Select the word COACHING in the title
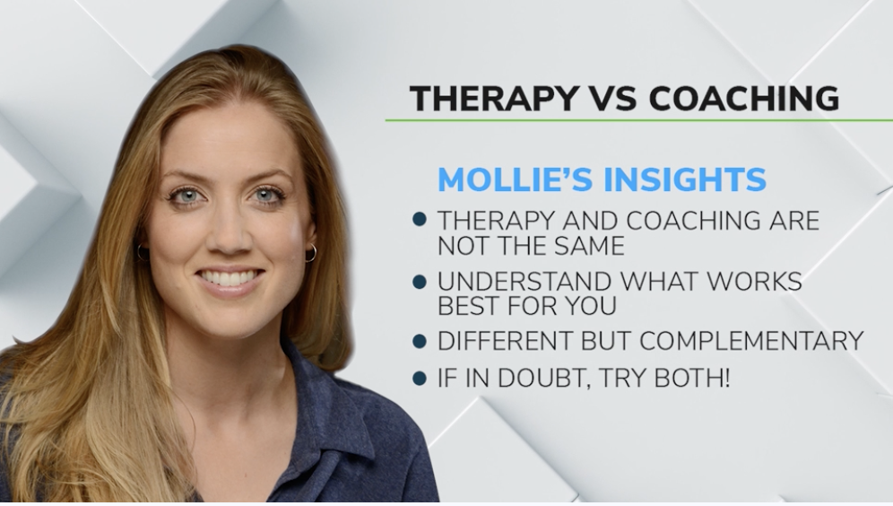(x=744, y=99)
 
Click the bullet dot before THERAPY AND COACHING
(x=419, y=220)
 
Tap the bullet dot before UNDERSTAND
(x=419, y=282)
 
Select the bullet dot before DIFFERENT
(x=419, y=342)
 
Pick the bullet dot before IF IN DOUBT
(x=419, y=379)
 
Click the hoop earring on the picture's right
(x=310, y=254)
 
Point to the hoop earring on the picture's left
(x=143, y=253)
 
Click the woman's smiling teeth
(x=230, y=277)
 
